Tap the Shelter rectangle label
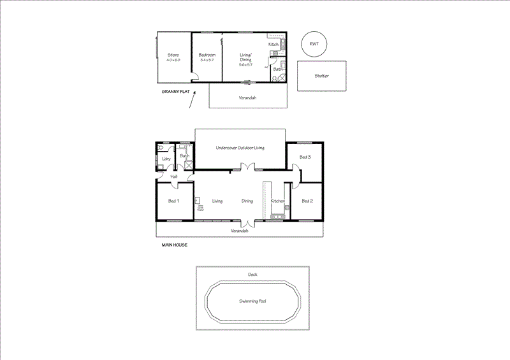point(321,75)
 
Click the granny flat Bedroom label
point(207,55)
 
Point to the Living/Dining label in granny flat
point(245,60)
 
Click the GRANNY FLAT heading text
point(176,92)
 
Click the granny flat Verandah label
point(247,98)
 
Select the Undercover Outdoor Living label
point(240,148)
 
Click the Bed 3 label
point(305,157)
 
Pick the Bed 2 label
point(307,201)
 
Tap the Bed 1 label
point(173,201)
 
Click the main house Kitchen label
point(277,201)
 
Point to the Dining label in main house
point(247,201)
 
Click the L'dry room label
point(166,158)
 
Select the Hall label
point(173,176)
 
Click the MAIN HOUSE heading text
point(174,244)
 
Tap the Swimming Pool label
point(252,301)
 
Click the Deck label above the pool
point(252,275)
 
